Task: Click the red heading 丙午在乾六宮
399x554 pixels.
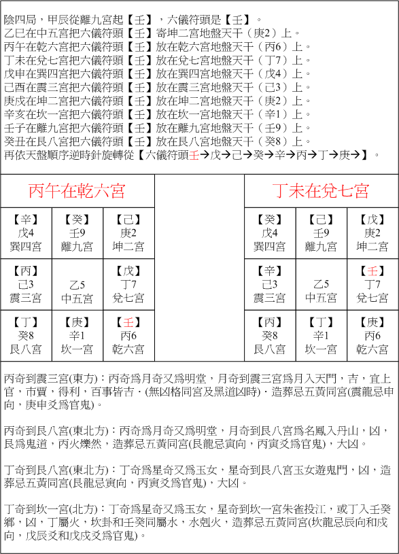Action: click(77, 190)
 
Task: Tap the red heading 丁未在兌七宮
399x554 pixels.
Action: click(321, 190)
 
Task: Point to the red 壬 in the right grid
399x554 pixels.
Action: click(372, 271)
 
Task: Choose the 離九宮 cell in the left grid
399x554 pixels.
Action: click(77, 233)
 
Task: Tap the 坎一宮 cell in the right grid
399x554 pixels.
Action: click(321, 336)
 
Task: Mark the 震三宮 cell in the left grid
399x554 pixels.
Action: click(26, 284)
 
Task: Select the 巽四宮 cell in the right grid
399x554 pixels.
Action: click(270, 233)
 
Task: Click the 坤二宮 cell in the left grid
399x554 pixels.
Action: click(128, 233)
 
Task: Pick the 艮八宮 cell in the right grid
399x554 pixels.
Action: click(270, 336)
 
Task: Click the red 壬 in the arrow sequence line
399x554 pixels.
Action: click(194, 156)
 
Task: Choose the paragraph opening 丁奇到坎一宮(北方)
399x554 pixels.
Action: click(197, 522)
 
